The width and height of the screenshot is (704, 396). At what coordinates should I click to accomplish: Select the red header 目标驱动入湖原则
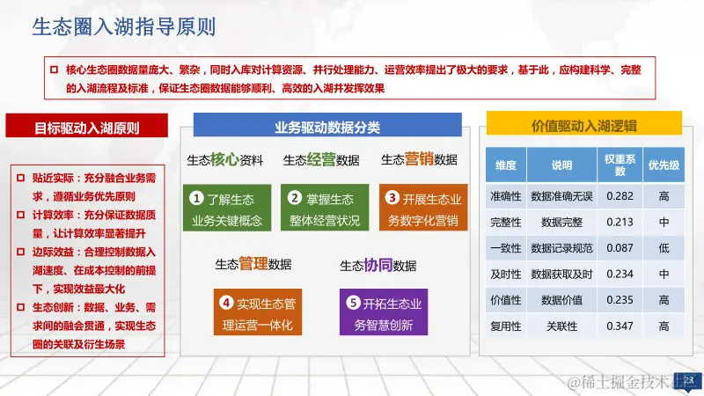86,128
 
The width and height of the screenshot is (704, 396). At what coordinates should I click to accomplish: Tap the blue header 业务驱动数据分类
327,128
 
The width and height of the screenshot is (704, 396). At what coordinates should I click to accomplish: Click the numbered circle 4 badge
226,303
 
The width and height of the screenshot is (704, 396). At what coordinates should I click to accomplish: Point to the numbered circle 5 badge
353,303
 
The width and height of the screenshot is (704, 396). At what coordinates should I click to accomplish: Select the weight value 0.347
620,326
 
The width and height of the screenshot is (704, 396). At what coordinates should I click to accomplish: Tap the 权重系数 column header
620,165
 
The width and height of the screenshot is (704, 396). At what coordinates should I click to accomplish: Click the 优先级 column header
664,165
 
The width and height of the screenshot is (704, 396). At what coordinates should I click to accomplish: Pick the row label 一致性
506,248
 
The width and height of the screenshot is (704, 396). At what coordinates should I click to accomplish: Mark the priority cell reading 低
664,248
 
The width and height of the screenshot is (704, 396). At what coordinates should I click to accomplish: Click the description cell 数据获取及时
561,274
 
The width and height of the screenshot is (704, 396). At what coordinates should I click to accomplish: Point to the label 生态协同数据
378,266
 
